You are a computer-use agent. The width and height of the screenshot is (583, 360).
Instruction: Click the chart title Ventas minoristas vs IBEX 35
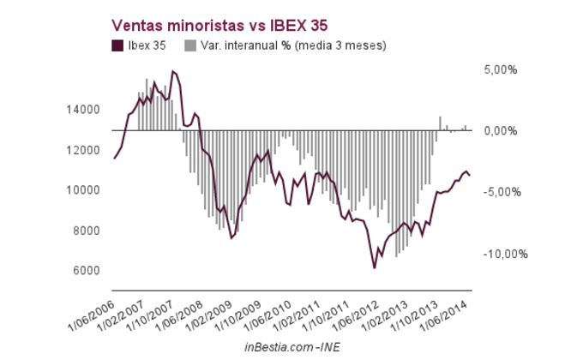coord(214,26)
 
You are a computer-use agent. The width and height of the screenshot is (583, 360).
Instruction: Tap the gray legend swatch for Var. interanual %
coord(190,45)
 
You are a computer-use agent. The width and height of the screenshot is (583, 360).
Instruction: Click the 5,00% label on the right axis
coord(500,69)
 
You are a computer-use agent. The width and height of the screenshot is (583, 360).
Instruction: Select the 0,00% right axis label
coord(500,130)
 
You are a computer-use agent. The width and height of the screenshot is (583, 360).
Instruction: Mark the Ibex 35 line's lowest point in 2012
coord(375,267)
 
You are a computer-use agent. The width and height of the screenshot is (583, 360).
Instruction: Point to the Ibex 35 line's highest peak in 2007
coord(173,71)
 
